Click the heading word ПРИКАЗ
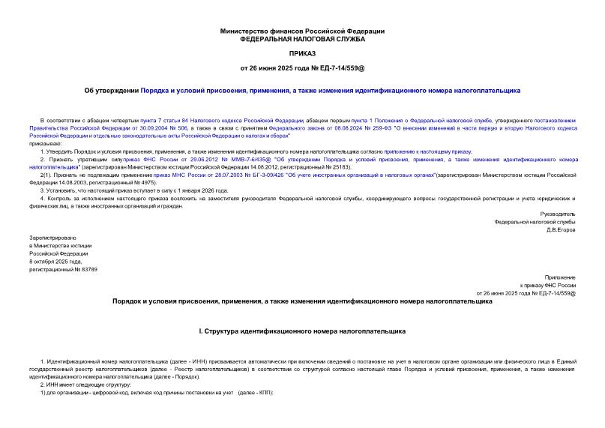pyautogui.click(x=302, y=54)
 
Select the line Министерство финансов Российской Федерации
pyautogui.click(x=302, y=31)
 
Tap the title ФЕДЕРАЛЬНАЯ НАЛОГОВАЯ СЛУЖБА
pyautogui.click(x=302, y=38)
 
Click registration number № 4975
pyautogui.click(x=139, y=182)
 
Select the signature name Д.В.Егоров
pyautogui.click(x=559, y=229)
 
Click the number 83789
pyautogui.click(x=86, y=269)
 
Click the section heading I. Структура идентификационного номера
pyautogui.click(x=302, y=330)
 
